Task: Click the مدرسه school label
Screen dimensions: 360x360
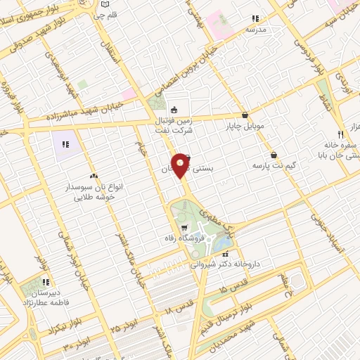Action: [255, 31]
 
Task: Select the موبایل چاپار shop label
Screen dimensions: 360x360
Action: [245, 127]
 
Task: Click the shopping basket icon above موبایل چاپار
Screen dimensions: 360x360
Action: [245, 115]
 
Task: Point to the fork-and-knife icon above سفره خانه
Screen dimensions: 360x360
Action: [340, 133]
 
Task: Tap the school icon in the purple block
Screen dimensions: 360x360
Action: [65, 144]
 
